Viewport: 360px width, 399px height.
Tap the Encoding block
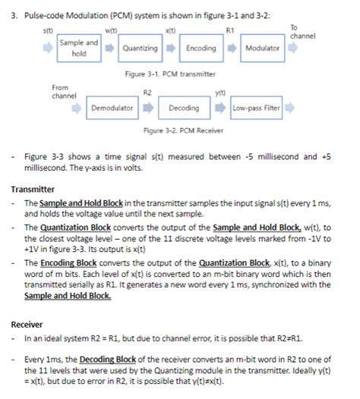point(201,49)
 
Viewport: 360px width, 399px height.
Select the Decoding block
point(184,108)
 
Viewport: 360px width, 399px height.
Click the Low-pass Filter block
point(256,108)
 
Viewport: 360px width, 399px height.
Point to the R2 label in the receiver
point(149,92)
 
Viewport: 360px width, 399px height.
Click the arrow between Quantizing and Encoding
point(171,49)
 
